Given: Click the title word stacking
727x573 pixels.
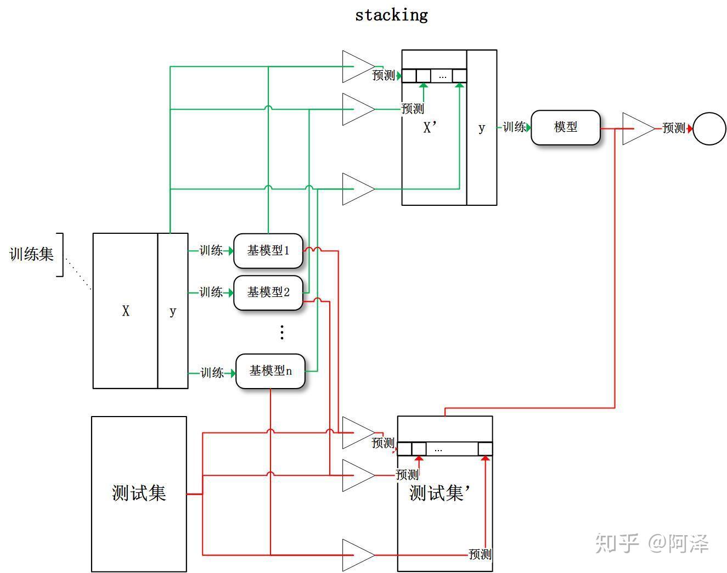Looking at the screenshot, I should [x=391, y=15].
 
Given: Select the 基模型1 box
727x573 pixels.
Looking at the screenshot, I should [x=268, y=251].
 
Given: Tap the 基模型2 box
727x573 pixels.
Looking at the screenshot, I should [x=268, y=293].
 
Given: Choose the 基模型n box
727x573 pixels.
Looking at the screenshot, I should [x=270, y=372].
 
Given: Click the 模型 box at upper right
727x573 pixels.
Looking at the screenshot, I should [x=565, y=127].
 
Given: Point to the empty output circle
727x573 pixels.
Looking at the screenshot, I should [x=709, y=128].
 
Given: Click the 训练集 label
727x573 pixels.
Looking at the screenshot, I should [x=31, y=254].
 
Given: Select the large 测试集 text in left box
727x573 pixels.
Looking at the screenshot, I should [x=139, y=493].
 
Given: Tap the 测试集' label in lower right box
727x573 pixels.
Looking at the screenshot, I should [x=437, y=493].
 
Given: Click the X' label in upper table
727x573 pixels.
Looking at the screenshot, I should [x=430, y=128].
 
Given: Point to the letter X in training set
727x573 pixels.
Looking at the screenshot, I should [x=126, y=311].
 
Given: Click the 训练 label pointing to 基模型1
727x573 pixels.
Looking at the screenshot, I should [x=211, y=251].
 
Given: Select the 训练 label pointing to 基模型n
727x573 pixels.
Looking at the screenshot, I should [x=212, y=373].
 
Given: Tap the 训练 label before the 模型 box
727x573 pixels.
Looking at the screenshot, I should [x=514, y=127].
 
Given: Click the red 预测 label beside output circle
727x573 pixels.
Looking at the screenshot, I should [x=674, y=128].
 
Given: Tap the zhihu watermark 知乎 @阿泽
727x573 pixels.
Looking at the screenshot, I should [x=652, y=543].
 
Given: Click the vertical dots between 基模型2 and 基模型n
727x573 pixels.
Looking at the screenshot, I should [x=281, y=332].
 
